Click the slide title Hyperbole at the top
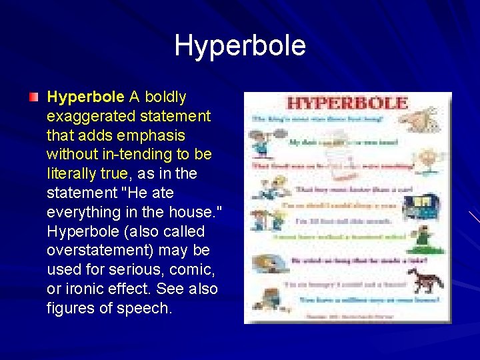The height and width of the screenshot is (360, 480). (240, 46)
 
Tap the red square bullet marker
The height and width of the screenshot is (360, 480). (33, 97)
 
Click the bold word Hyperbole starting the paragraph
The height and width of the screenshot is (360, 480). (85, 97)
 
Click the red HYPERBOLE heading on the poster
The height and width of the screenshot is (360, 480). (347, 103)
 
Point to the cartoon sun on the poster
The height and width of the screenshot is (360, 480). (427, 160)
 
